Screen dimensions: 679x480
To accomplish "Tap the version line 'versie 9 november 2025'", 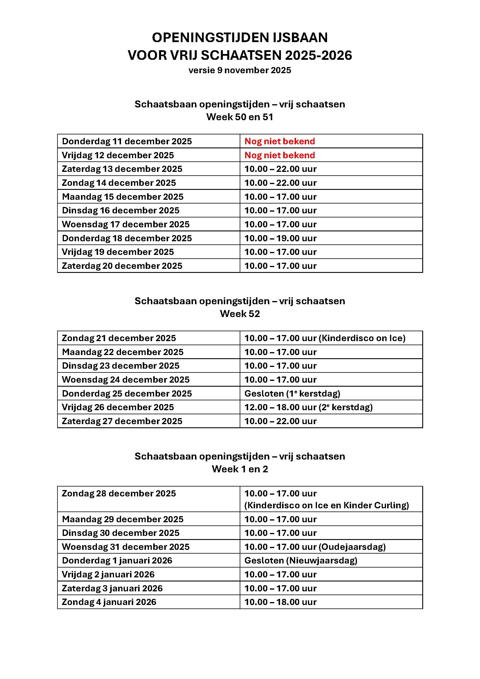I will coord(240,70).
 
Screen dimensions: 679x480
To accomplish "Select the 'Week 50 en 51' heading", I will coord(240,117).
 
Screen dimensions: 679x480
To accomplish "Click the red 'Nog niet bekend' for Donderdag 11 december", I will coord(279,141).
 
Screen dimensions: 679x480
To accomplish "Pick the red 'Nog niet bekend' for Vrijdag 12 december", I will coord(279,155).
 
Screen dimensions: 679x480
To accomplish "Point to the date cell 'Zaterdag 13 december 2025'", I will coord(122,169).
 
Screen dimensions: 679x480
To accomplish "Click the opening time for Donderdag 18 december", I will coord(280,238).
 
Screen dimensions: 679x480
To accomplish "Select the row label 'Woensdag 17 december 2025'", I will coord(126,224).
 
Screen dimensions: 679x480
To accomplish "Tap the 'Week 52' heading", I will coord(240,314).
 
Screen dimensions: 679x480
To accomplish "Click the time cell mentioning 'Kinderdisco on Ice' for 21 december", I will coord(324,338).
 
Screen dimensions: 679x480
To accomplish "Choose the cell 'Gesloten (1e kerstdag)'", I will coord(292,393).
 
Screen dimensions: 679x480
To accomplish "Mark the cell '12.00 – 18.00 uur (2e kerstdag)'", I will coord(308,407).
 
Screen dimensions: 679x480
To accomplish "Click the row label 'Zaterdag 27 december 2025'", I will coord(122,421).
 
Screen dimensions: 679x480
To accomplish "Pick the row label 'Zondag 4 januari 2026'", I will coord(109,602).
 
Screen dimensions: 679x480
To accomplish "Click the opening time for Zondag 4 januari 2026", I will coord(280,602).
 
